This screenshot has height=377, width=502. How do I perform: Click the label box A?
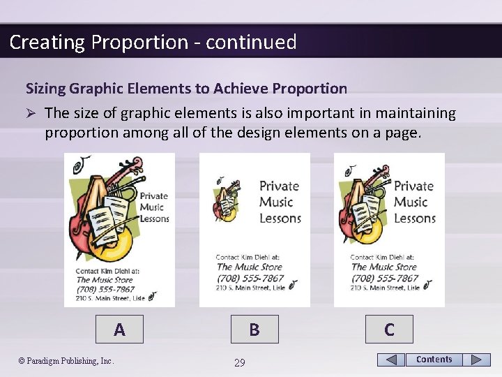119,329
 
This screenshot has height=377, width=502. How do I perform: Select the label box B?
254,329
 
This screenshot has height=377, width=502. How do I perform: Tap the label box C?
389,329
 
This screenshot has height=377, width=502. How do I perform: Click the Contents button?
434,360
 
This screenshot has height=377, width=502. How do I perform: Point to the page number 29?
239,362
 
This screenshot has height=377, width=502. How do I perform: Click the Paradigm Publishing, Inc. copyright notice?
66,361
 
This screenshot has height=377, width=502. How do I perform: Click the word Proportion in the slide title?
137,42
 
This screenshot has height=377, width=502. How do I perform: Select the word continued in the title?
251,42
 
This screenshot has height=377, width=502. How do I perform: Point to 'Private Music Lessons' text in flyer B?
280,202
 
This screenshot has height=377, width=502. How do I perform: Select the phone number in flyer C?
385,278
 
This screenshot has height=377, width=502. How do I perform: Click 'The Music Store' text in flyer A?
105,280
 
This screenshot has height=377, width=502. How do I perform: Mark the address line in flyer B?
250,287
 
